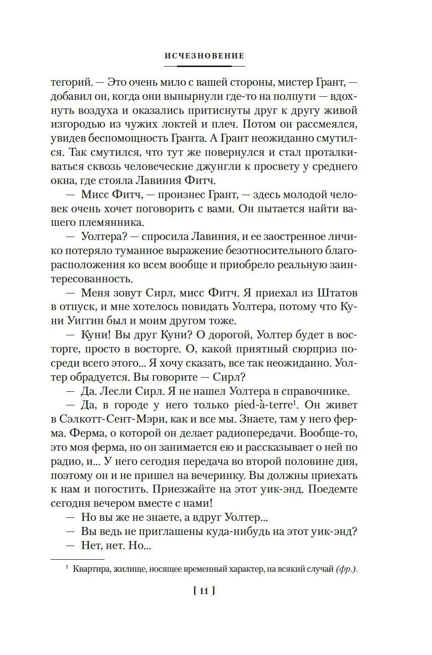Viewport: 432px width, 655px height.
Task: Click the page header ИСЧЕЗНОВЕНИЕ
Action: pyautogui.click(x=204, y=56)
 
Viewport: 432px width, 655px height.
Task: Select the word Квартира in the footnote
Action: pyautogui.click(x=90, y=570)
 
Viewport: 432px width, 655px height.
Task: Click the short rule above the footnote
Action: pyautogui.click(x=77, y=560)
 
